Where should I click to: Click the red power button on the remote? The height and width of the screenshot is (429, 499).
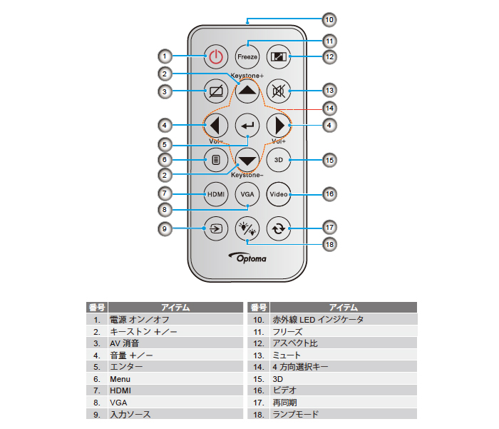click(216, 56)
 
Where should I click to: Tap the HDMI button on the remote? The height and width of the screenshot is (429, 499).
click(216, 193)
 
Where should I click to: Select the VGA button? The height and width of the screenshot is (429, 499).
click(247, 193)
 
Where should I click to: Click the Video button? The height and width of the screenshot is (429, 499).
click(279, 193)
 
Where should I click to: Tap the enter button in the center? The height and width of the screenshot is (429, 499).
click(247, 126)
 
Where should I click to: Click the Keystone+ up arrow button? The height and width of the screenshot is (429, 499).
click(247, 91)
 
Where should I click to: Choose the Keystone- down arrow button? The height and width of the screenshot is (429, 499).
click(247, 160)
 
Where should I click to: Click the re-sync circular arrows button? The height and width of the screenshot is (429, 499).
click(279, 229)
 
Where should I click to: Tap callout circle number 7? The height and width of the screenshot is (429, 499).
click(165, 193)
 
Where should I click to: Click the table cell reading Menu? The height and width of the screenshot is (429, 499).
click(120, 379)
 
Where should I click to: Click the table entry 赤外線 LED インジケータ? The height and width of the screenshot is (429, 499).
click(318, 320)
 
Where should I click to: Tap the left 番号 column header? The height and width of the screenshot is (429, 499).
click(96, 308)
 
